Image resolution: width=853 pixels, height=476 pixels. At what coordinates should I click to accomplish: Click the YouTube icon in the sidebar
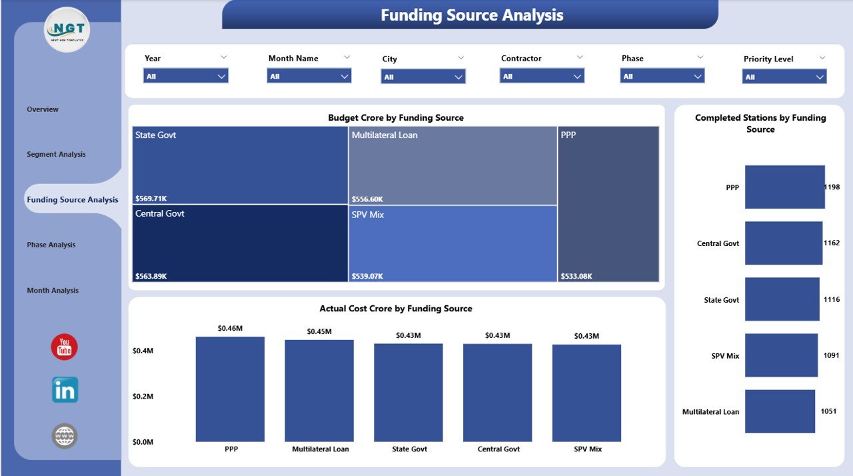pos(65,347)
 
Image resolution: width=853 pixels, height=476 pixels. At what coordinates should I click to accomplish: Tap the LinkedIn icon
pos(65,390)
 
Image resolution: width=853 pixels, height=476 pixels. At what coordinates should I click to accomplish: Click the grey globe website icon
pos(65,436)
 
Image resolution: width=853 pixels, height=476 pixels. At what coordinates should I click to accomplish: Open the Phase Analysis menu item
pos(51,245)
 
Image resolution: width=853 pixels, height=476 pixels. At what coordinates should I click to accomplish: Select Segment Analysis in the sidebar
pos(56,154)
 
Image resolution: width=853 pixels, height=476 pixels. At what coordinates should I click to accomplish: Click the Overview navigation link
pos(43,109)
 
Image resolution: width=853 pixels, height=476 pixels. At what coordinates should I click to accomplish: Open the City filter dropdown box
pos(423,77)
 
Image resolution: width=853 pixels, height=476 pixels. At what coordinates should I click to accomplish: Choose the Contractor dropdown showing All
pos(542,76)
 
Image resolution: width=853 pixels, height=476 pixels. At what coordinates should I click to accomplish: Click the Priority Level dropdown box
pos(784,77)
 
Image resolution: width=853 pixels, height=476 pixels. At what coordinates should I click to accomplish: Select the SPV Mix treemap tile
pos(453,243)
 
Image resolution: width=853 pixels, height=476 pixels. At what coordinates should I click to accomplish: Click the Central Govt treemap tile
pos(240,243)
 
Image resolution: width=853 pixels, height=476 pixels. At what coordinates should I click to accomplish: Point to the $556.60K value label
pos(367,199)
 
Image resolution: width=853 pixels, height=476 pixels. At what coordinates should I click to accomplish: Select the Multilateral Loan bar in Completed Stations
pos(780,411)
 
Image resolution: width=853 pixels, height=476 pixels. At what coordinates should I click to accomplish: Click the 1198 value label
pos(832,187)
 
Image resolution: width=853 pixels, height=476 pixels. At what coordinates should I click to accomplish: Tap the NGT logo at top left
pos(67,30)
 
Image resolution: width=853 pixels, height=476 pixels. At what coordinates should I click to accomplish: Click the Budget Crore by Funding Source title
pos(396,117)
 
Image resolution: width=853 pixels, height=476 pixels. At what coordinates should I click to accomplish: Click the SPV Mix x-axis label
pos(587,449)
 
